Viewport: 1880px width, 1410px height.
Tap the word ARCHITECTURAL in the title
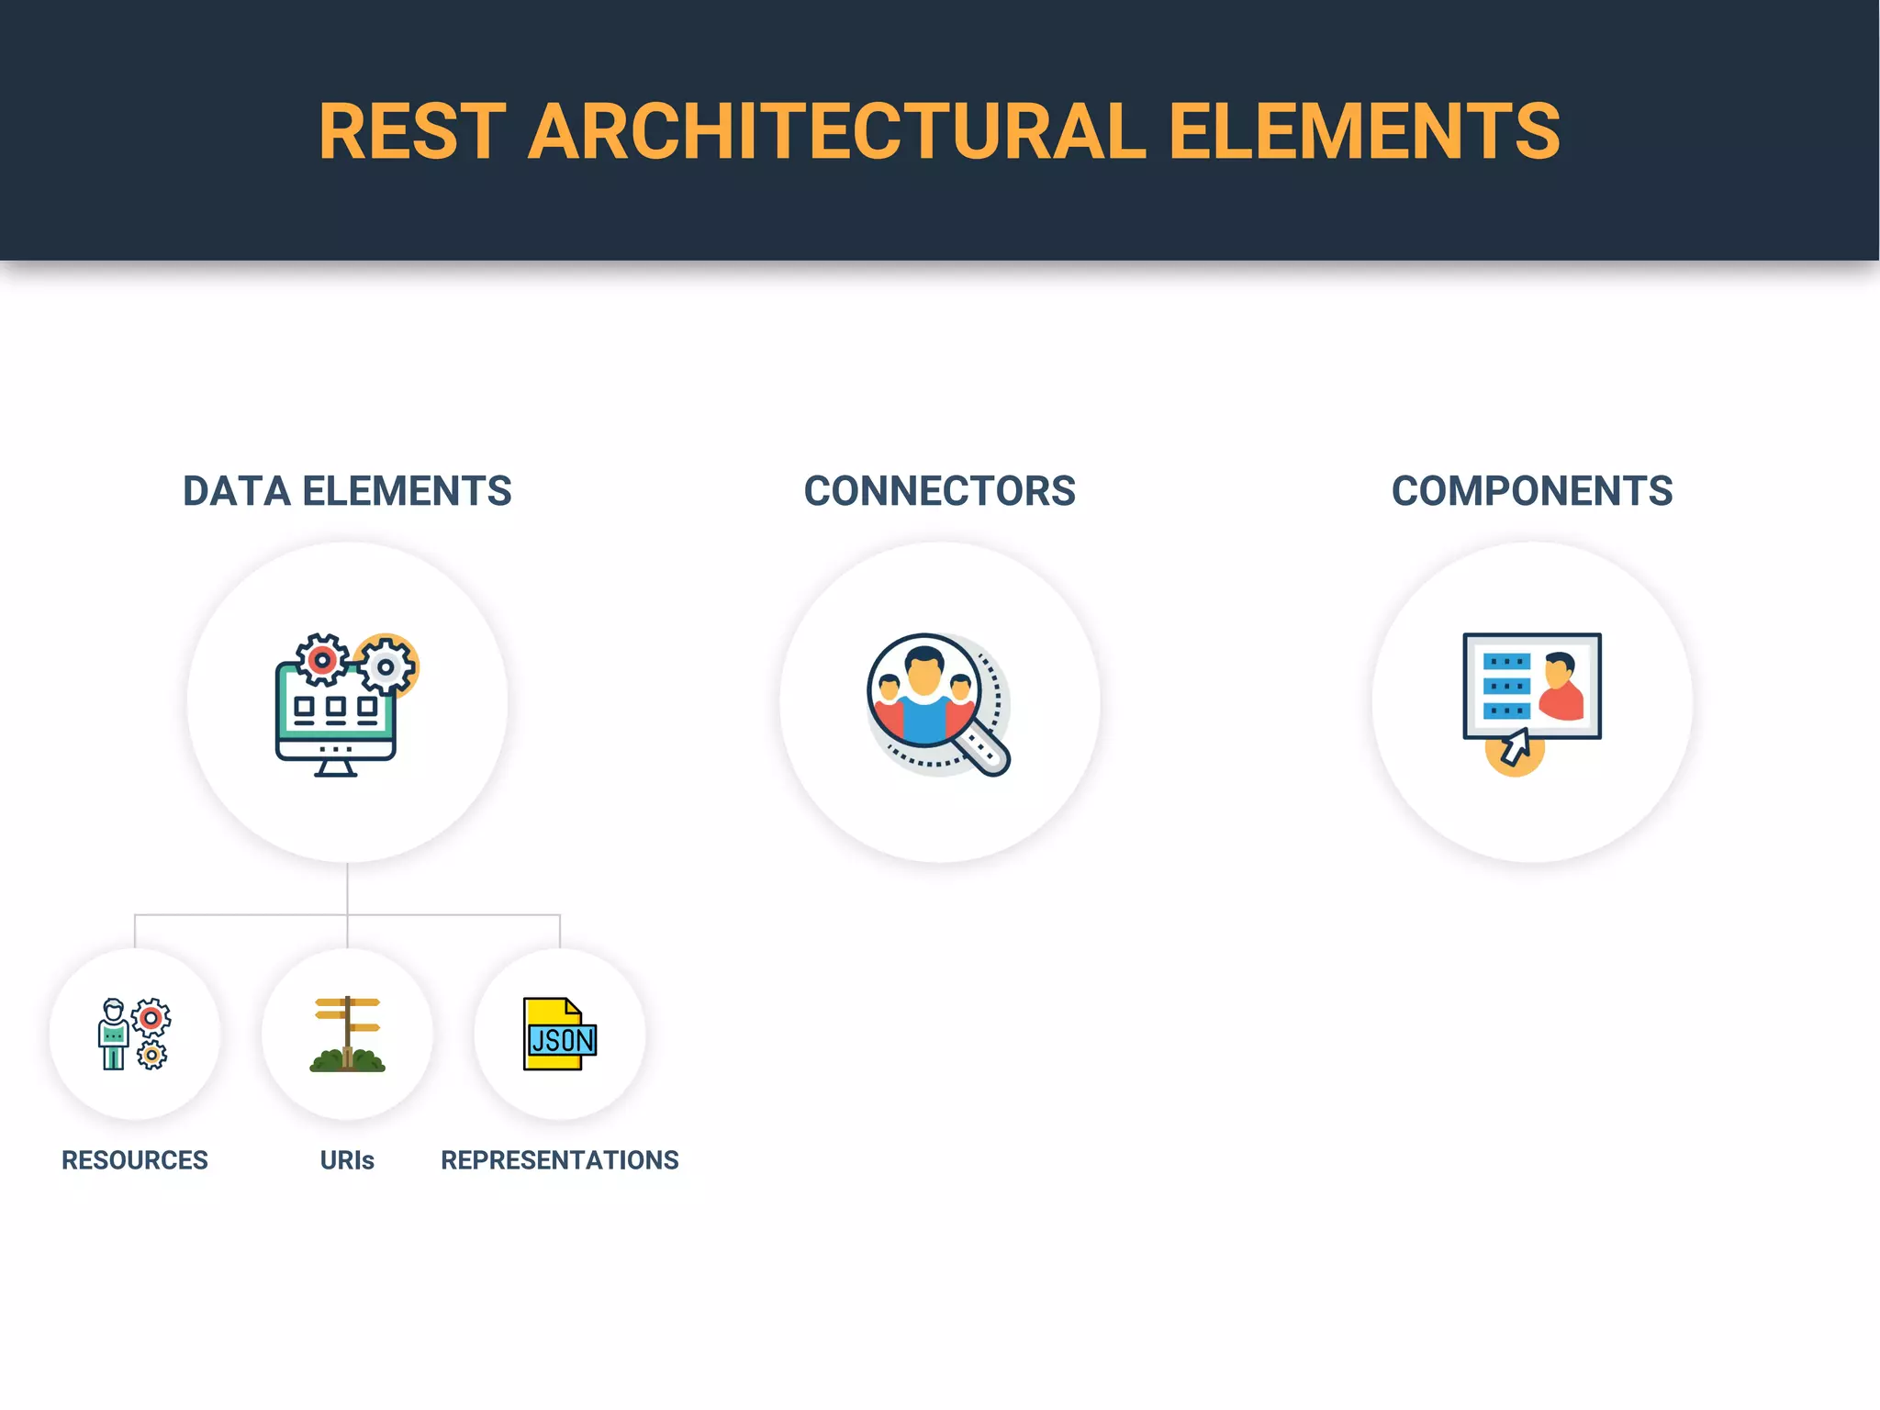pyautogui.click(x=836, y=131)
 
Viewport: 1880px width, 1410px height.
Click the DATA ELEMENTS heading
pyautogui.click(x=347, y=491)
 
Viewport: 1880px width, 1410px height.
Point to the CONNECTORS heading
pyautogui.click(x=939, y=491)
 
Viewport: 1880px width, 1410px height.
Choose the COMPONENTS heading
pyautogui.click(x=1531, y=491)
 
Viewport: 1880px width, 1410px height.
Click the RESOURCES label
pyautogui.click(x=135, y=1160)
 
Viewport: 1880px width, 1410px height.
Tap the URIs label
pyautogui.click(x=347, y=1160)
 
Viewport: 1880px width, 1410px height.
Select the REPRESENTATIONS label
pyautogui.click(x=559, y=1160)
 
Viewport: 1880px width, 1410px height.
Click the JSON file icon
pyautogui.click(x=559, y=1035)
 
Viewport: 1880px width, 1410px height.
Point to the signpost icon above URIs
pyautogui.click(x=347, y=1034)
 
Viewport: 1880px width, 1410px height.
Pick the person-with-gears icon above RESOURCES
pyautogui.click(x=134, y=1034)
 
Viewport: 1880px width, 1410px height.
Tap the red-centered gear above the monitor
pyautogui.click(x=321, y=659)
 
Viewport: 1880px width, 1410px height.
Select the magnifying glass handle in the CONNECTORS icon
pyautogui.click(x=983, y=751)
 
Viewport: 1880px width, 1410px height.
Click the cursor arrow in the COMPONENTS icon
pyautogui.click(x=1515, y=746)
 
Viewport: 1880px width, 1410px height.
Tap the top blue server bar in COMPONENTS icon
pyautogui.click(x=1506, y=662)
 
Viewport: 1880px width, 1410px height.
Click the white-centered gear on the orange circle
pyautogui.click(x=386, y=667)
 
